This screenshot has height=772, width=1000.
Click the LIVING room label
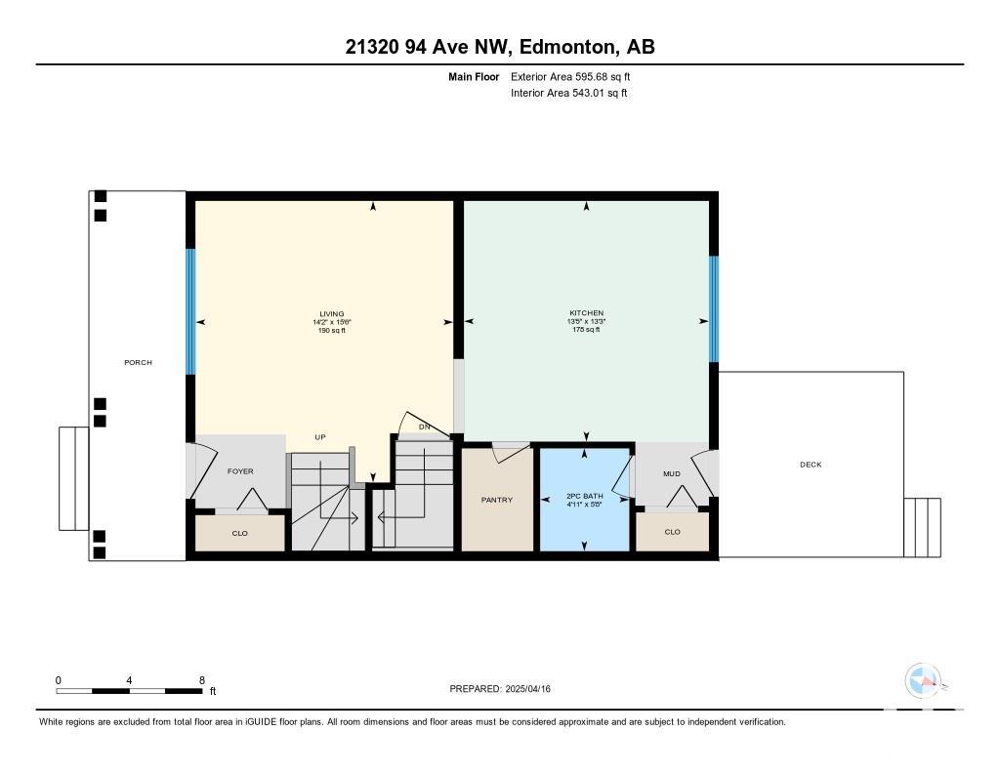tap(332, 313)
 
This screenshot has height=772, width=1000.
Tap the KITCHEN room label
tap(586, 313)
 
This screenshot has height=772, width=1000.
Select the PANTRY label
tap(497, 500)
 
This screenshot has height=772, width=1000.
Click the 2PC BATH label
tap(584, 496)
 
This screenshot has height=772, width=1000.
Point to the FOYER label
tap(240, 471)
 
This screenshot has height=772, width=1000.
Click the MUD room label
tap(672, 473)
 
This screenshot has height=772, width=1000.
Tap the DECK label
tap(811, 465)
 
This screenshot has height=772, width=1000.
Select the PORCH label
tap(138, 362)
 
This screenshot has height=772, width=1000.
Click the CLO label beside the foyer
tap(240, 533)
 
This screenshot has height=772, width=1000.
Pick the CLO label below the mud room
tap(672, 532)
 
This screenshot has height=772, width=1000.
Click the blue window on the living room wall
tap(190, 311)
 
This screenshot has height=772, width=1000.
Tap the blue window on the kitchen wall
tap(714, 309)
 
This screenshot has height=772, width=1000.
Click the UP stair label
tap(320, 436)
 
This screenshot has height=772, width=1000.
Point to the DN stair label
tap(424, 427)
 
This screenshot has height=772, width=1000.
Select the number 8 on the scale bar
tap(202, 680)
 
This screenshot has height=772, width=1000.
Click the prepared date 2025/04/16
tap(528, 688)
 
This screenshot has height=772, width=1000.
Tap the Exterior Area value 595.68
tap(593, 76)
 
